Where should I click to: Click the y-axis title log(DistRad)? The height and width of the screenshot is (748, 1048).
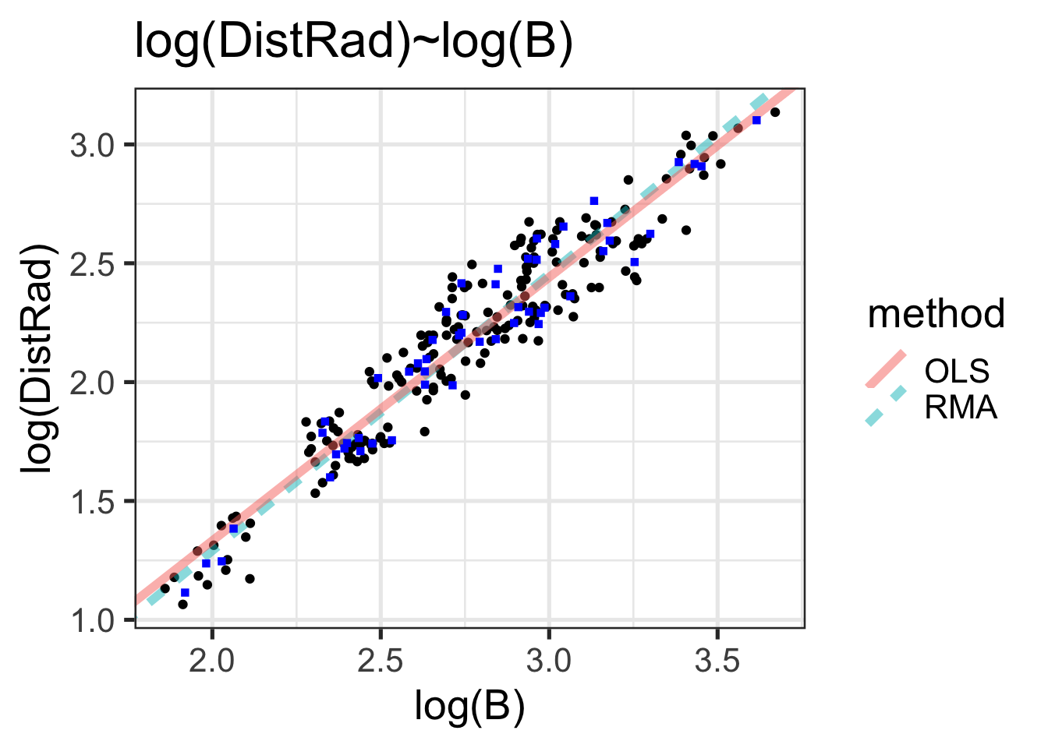point(40,359)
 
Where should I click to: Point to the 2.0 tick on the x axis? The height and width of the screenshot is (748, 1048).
point(213,662)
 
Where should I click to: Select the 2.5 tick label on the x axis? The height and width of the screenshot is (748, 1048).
point(381,662)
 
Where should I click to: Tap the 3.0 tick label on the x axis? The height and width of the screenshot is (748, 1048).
point(549,662)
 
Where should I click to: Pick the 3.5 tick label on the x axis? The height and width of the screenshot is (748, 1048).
point(717,662)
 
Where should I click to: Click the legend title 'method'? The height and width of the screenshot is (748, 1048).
point(936,314)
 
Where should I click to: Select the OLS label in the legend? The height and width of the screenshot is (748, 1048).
point(957,372)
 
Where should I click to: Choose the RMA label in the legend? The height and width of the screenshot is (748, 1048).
point(961,407)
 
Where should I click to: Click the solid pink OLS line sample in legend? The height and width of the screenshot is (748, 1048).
point(886,370)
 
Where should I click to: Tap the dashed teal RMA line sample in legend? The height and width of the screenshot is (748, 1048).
point(886,406)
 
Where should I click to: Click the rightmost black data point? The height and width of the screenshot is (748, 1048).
point(774,112)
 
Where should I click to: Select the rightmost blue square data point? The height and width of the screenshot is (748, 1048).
point(756,120)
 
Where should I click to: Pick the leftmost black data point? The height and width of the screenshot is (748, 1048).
point(165,588)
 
